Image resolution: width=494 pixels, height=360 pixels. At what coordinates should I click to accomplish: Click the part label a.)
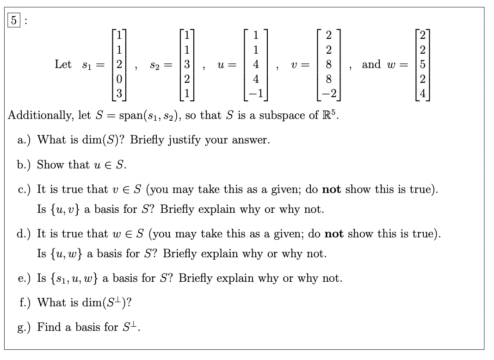pos(25,140)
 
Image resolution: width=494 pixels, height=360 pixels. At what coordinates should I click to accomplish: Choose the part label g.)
pos(25,327)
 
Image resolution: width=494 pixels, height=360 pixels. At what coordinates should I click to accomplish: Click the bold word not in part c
pos(332,189)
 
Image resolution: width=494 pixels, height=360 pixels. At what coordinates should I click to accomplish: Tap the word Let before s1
pos(63,64)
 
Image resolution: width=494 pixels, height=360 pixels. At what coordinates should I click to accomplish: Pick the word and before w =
pos(371,64)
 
